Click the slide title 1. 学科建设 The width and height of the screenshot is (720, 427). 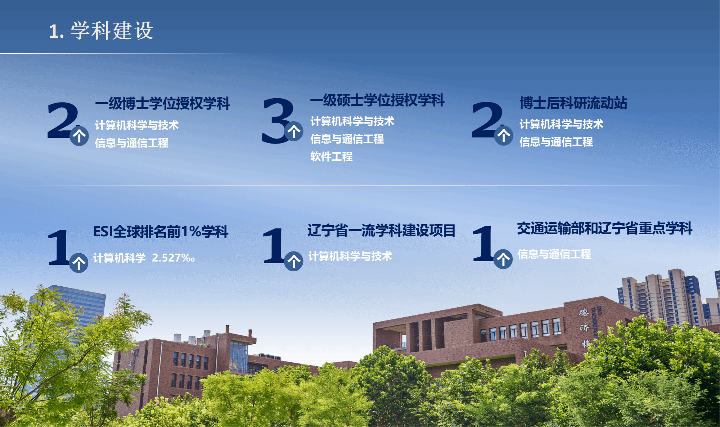click(101, 31)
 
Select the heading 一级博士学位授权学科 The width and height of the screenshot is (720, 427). click(163, 103)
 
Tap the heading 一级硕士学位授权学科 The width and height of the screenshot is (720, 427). click(377, 100)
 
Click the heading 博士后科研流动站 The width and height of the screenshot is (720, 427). click(573, 103)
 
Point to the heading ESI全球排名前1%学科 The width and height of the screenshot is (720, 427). click(161, 231)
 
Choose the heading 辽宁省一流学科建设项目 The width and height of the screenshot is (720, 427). click(382, 230)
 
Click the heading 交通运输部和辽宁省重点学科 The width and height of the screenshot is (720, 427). click(605, 228)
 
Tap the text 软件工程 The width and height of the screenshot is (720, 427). click(332, 156)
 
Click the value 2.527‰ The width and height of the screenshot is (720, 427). click(174, 258)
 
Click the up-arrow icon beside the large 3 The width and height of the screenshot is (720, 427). click(294, 131)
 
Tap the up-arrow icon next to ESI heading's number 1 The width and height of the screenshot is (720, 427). click(78, 263)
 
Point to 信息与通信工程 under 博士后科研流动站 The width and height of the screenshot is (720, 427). click(556, 142)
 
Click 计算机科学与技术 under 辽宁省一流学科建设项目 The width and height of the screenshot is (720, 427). click(350, 256)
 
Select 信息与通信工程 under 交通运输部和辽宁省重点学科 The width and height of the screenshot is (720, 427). click(554, 254)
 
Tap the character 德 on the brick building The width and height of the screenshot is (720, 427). click(584, 313)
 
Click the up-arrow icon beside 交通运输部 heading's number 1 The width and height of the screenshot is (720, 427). click(503, 259)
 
